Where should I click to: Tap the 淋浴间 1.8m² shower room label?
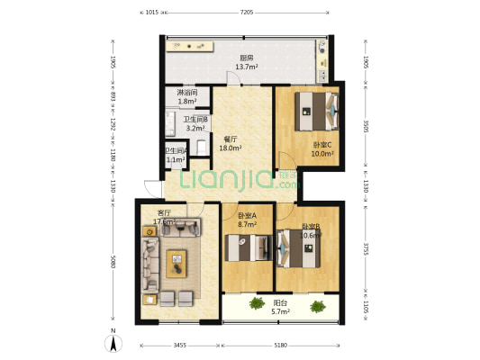tap(187, 97)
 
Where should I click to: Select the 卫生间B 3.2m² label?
tap(195, 124)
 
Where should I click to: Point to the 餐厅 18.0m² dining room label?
tap(230, 144)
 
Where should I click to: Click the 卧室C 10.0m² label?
tap(322, 148)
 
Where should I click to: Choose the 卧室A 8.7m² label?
tap(248, 220)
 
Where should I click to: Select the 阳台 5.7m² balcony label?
tap(281, 307)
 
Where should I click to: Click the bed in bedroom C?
tap(315, 110)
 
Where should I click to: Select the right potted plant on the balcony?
tap(317, 307)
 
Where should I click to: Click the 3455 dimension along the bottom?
tap(179, 345)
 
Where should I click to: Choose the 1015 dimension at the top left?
tap(151, 13)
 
